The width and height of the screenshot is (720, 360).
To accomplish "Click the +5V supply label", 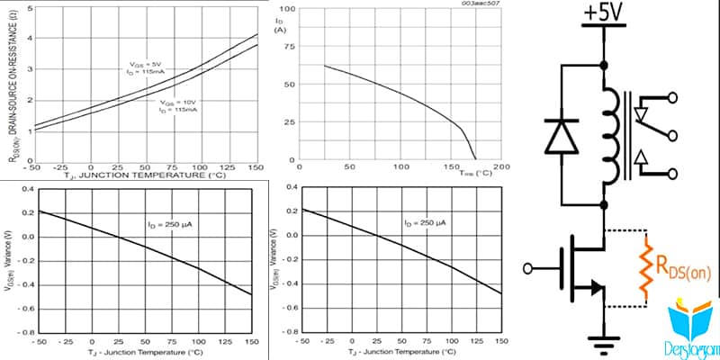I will point(602,15).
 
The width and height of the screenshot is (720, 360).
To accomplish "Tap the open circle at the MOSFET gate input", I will point(531,267).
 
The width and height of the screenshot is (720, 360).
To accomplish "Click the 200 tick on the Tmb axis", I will point(501,166).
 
